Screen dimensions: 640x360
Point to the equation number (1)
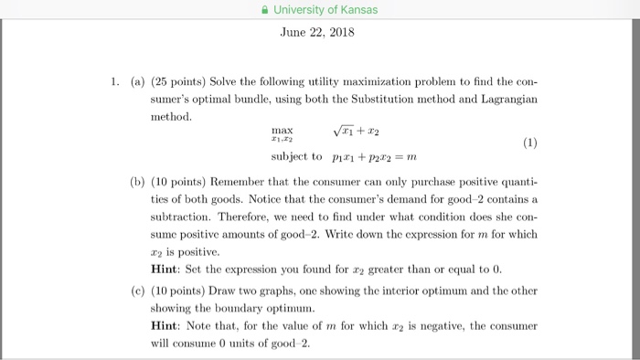(x=529, y=143)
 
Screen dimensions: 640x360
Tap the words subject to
(x=292, y=156)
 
